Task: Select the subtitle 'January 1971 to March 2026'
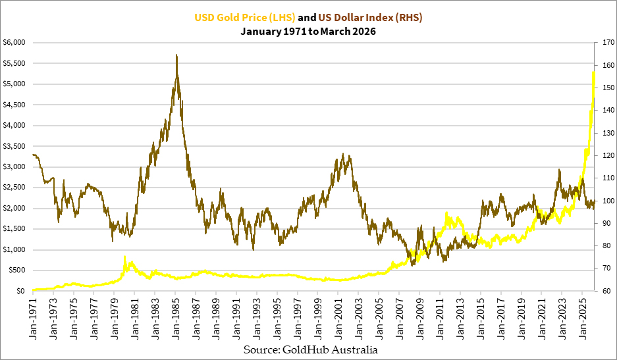[x=308, y=31]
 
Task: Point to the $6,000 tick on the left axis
[x=14, y=42]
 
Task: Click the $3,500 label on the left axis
[x=14, y=146]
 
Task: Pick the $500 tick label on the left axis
[x=16, y=270]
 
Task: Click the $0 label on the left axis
[x=20, y=291]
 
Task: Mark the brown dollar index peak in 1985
[x=176, y=55]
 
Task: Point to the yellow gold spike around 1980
[x=124, y=257]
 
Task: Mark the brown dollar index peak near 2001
[x=342, y=154]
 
